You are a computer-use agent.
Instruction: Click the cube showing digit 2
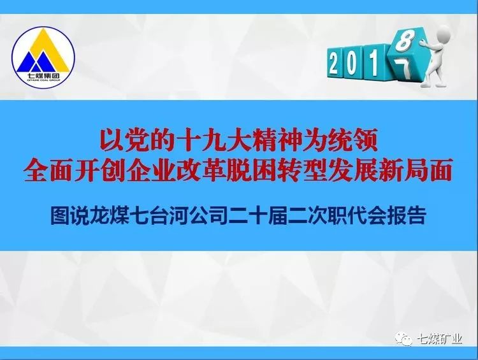pos(335,63)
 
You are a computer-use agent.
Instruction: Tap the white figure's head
pos(442,34)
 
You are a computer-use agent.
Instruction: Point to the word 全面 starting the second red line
pos(50,171)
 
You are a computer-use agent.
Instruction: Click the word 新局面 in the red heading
pos(414,171)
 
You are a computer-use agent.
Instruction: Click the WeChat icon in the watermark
pos(403,339)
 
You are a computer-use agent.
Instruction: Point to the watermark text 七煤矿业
pos(439,339)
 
